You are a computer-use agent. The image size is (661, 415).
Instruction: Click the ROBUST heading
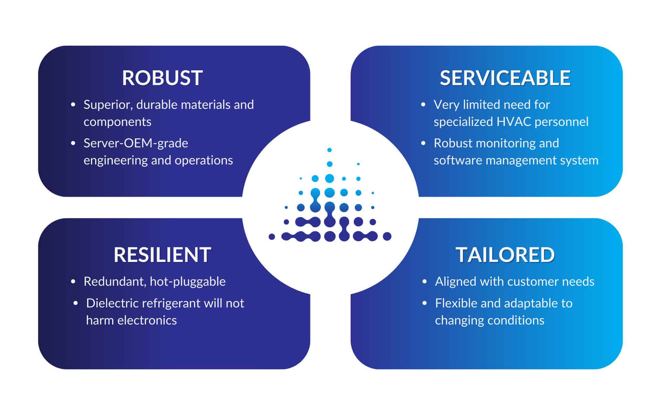pos(162,78)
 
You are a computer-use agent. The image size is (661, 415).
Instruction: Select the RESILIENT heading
pos(162,255)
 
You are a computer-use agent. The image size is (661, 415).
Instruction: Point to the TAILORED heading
pos(505,255)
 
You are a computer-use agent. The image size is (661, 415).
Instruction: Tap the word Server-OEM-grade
pos(136,143)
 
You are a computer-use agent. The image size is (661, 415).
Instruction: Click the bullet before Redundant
pos(73,282)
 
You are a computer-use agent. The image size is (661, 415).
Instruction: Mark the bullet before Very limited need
pos(423,104)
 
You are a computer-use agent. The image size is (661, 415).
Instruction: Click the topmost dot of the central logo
pos(329,150)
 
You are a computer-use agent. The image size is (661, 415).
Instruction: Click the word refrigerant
pos(171,304)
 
